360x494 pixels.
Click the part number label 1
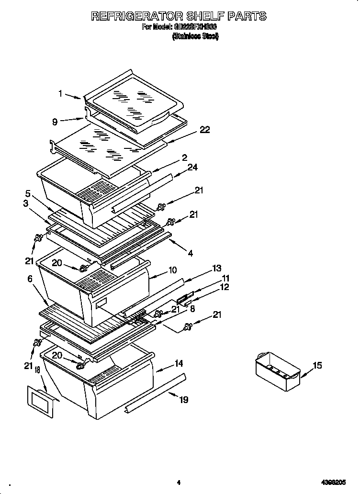click(x=61, y=94)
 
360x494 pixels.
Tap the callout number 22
click(x=204, y=130)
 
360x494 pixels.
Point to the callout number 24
click(x=193, y=167)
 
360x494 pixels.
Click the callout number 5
click(x=28, y=194)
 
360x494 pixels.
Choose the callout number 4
click(x=191, y=253)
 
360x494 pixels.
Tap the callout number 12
click(x=224, y=287)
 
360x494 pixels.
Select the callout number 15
click(x=317, y=366)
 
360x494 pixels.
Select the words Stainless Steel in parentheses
click(x=195, y=37)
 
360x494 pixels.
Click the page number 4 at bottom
click(x=178, y=483)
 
